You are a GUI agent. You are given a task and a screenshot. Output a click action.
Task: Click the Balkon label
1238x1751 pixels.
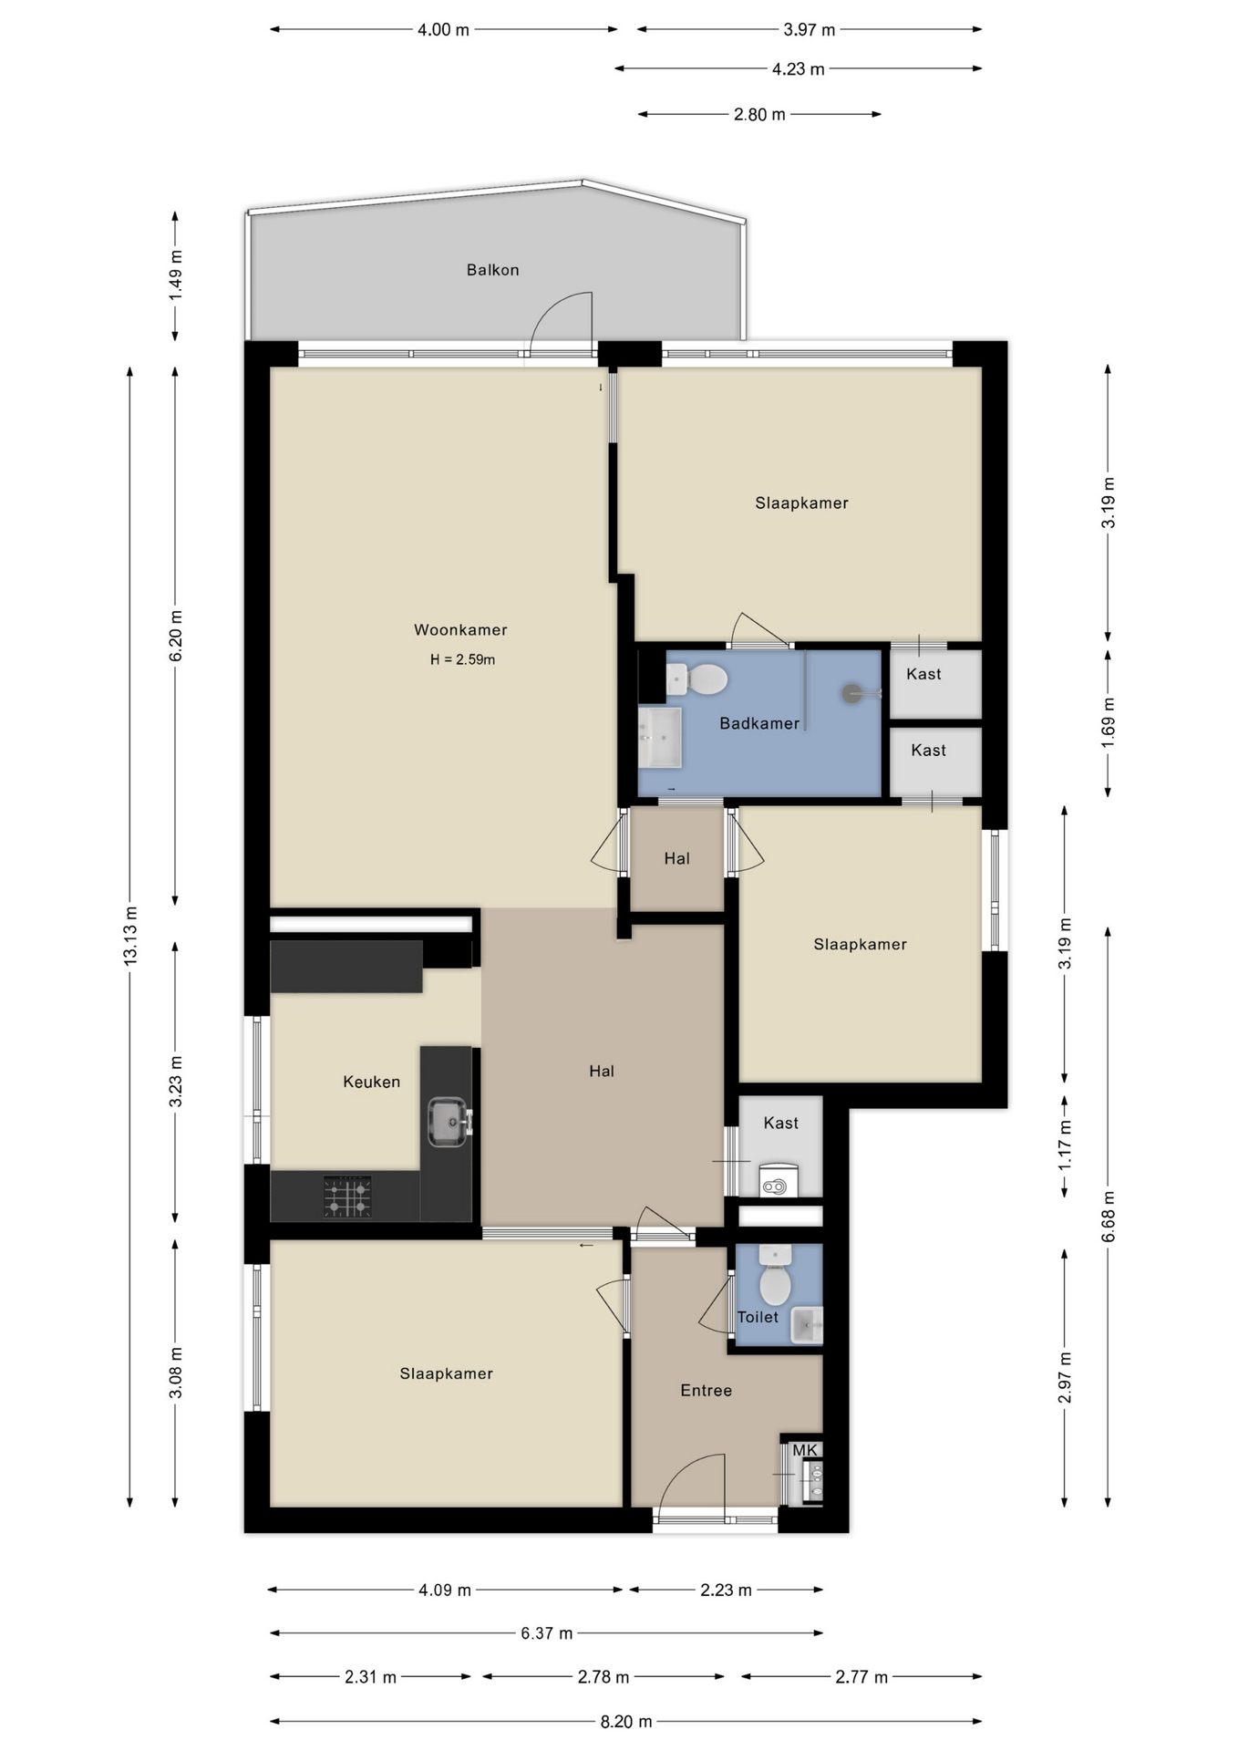[492, 270]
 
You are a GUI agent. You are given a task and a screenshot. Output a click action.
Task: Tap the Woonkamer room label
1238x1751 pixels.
[460, 629]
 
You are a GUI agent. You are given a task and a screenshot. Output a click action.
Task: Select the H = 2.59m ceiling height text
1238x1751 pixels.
[462, 659]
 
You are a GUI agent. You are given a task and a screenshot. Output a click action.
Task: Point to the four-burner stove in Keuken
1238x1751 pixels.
[347, 1197]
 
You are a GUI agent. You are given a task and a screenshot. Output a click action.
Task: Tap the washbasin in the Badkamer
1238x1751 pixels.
[659, 738]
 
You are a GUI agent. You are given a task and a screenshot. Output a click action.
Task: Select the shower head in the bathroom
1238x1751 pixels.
[852, 693]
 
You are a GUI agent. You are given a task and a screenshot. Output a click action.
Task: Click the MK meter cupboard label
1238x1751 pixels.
[804, 1450]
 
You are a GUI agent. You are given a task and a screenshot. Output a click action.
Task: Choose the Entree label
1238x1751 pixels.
[706, 1391]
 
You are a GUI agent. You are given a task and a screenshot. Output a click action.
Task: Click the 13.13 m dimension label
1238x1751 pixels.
[130, 936]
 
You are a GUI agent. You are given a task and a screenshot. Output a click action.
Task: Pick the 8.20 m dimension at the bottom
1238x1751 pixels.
[625, 1722]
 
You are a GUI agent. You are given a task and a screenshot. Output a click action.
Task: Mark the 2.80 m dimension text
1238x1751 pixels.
[758, 115]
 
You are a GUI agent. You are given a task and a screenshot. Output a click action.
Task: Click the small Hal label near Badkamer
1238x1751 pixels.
[676, 858]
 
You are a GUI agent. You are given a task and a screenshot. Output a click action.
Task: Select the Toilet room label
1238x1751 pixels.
[758, 1317]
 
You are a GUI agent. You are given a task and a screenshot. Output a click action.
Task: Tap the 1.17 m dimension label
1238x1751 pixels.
[1065, 1146]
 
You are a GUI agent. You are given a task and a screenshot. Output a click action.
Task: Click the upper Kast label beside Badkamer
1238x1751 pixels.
[923, 674]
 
